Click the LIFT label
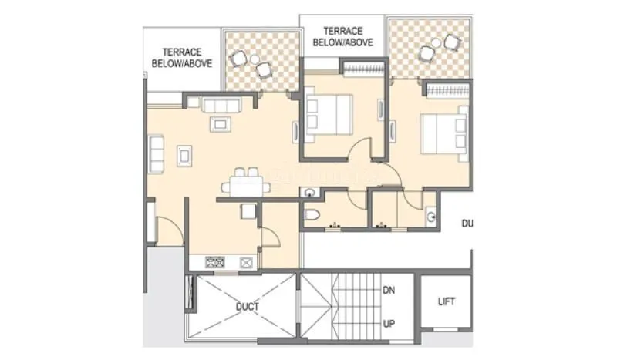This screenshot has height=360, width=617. click(x=447, y=301)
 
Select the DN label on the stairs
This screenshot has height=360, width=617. click(x=389, y=291)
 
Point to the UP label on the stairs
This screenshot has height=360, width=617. click(x=389, y=325)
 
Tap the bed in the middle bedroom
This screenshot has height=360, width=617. click(x=328, y=113)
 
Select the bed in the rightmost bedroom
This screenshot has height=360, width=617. click(x=443, y=133)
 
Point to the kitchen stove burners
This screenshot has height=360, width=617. click(x=214, y=263)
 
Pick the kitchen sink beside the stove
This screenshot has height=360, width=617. click(x=247, y=263)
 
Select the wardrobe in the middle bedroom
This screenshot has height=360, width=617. click(x=362, y=72)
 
